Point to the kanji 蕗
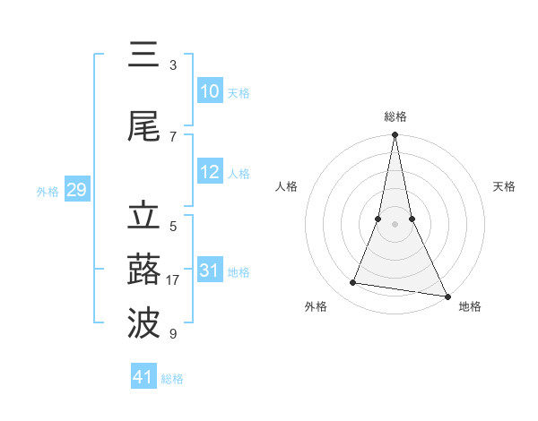pos(143,270)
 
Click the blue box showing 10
pos(209,91)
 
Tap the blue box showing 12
pos(209,172)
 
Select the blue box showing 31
pos(209,271)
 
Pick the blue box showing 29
pos(76,190)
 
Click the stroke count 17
pos(173,280)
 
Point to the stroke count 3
pos(173,65)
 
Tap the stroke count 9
pos(173,334)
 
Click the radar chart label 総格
pos(395,116)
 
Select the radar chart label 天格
pos(505,186)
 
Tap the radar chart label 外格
pos(316,306)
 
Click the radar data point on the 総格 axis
pos(395,136)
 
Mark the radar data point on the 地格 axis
pos(447,295)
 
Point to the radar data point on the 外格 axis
pos(353,283)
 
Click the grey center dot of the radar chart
pos(395,224)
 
